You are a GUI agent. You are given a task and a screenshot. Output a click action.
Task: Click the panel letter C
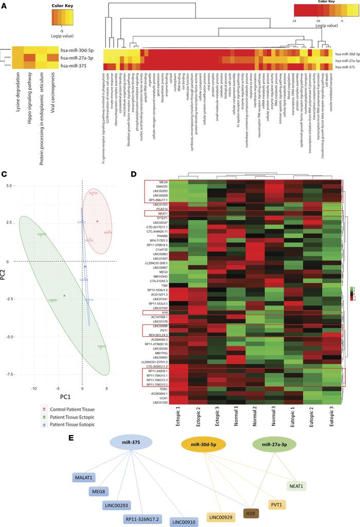click(x=4, y=175)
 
